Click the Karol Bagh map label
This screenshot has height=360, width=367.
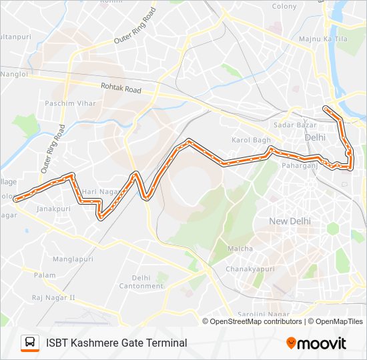[x=251, y=140]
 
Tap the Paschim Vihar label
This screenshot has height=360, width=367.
[x=70, y=103]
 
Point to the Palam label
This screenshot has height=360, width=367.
[x=45, y=275]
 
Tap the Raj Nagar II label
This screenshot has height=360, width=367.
[x=53, y=297]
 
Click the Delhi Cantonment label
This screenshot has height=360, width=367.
[x=141, y=282]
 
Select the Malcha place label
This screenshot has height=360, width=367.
[x=241, y=249]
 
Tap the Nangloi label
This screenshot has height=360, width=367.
[x=13, y=75]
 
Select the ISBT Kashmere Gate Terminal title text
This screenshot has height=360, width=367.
[x=116, y=343]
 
